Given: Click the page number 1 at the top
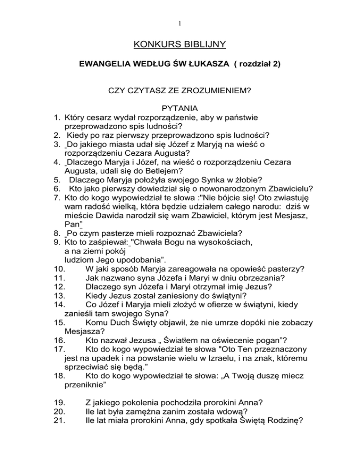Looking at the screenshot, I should point(180,22).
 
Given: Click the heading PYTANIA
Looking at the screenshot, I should point(180,108).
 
